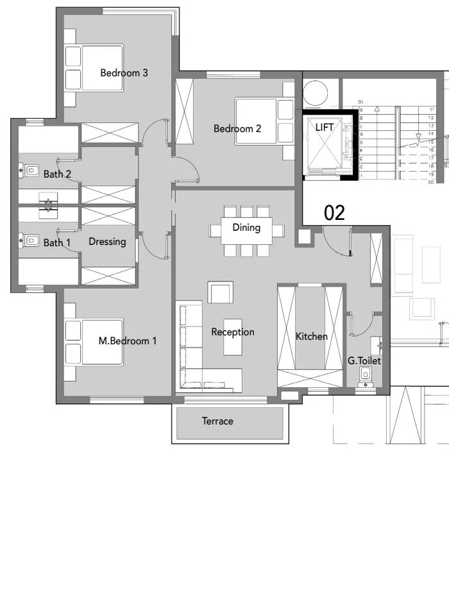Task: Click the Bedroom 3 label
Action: pos(124,73)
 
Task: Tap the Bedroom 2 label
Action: pos(237,129)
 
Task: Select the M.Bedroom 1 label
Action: pos(127,341)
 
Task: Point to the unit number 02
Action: pos(334,214)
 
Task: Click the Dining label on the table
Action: pos(246,228)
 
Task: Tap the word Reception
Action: pos(233,332)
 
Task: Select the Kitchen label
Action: pos(311,337)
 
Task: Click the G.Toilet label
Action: pos(364,361)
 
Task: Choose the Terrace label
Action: pos(217,421)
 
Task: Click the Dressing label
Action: pos(107,242)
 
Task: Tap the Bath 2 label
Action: pos(57,174)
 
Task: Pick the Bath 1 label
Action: pos(57,243)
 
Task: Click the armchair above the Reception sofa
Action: pos(220,293)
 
